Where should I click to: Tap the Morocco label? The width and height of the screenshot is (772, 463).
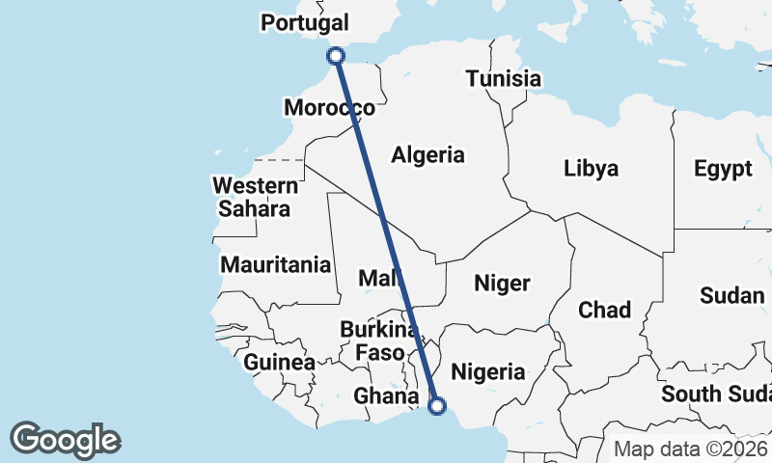click(329, 108)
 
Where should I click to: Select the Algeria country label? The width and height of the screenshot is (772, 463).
click(427, 154)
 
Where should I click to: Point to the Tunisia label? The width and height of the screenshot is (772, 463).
click(503, 79)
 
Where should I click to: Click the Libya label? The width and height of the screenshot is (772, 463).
click(591, 169)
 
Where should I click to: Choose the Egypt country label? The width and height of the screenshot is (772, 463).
click(723, 169)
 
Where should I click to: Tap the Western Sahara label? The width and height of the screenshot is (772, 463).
click(255, 196)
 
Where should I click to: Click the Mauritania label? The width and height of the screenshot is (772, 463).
click(276, 264)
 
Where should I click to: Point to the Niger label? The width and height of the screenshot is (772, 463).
click(502, 283)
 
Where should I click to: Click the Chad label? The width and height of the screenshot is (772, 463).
click(604, 310)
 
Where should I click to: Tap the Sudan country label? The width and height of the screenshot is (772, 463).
click(731, 295)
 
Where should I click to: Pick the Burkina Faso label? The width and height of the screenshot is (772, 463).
click(378, 341)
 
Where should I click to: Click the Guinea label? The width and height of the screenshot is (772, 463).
click(279, 363)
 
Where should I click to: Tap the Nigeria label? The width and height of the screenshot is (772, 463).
click(488, 371)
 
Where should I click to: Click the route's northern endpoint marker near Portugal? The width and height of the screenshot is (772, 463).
click(336, 55)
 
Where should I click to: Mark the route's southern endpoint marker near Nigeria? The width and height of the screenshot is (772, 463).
click(437, 406)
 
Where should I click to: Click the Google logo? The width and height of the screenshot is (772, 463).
click(65, 439)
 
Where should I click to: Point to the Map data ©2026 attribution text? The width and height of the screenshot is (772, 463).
click(691, 449)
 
